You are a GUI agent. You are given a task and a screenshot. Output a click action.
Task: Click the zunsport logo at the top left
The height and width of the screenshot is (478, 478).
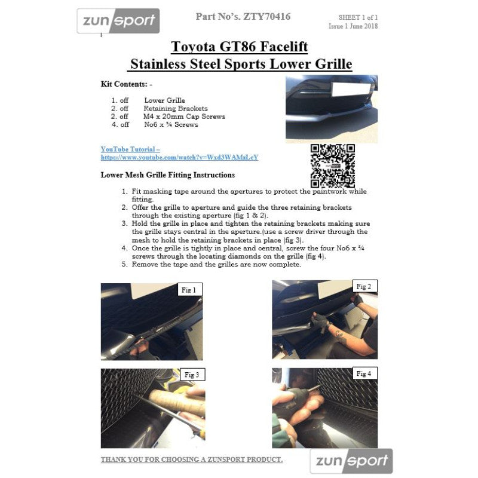tap(118, 21)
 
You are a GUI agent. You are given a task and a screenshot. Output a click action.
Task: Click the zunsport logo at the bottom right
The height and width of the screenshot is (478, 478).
tap(351, 461)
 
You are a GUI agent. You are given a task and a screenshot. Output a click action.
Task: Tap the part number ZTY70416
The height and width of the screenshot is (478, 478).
tap(266, 17)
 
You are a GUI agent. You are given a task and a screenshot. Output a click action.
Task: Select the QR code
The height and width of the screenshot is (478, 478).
tap(333, 166)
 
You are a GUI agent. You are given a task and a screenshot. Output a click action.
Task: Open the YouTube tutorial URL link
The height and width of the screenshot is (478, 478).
tap(180, 157)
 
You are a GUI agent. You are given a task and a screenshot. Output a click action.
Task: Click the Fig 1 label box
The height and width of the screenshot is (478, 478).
tap(190, 290)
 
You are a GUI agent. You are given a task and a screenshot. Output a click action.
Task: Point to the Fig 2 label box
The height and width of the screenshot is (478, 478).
tap(364, 286)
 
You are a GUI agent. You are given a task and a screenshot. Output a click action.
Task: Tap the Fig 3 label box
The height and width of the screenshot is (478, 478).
tap(192, 375)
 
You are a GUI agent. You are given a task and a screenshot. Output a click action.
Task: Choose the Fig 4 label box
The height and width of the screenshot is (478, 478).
tap(364, 373)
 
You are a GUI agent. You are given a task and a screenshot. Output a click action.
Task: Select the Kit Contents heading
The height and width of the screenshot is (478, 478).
tap(127, 84)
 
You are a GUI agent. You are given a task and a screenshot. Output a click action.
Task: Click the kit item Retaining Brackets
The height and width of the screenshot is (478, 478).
tap(176, 108)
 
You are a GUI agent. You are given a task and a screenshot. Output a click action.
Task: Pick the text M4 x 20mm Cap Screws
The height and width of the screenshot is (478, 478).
tap(184, 117)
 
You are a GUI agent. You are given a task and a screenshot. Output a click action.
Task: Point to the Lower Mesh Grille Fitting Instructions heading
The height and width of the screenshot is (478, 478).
tap(168, 175)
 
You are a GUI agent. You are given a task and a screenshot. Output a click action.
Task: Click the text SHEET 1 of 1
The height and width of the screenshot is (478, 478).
tap(358, 17)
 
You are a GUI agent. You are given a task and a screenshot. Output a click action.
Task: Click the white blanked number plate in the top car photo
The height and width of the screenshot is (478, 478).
tap(351, 89)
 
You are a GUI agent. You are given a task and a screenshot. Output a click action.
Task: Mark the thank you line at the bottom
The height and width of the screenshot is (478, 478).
tap(192, 459)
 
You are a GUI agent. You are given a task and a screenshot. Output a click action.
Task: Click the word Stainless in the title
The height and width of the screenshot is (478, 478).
tap(158, 64)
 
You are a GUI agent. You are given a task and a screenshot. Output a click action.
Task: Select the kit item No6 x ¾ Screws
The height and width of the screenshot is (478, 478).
tap(171, 124)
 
